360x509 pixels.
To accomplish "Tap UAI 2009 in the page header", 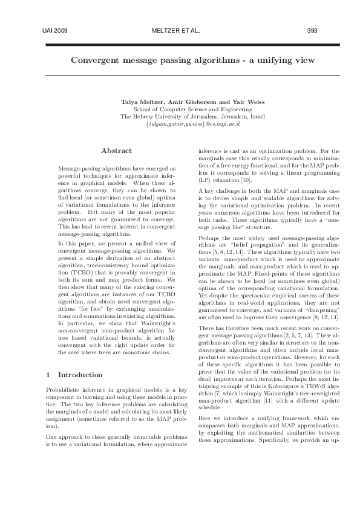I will coord(56,29).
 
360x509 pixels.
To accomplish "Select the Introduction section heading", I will coord(83,375).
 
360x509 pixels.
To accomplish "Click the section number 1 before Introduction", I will coord(48,375).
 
